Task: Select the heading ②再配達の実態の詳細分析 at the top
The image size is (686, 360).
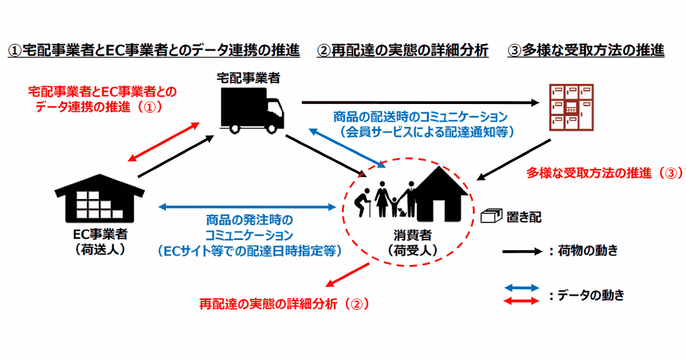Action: click(x=402, y=51)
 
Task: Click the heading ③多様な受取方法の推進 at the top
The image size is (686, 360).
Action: click(x=586, y=51)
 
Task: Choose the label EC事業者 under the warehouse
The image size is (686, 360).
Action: click(x=101, y=234)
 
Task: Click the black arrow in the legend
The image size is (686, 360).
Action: click(x=521, y=251)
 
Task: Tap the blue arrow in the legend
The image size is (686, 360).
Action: click(x=521, y=287)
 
